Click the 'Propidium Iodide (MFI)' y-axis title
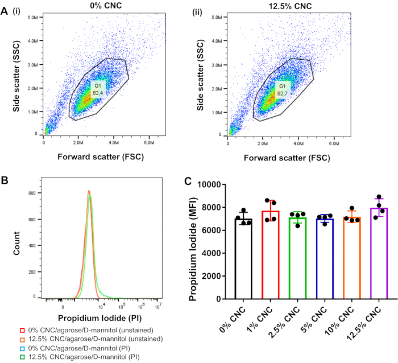(193, 241)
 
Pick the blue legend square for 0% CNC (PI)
(23, 348)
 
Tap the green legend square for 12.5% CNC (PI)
(23, 357)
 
